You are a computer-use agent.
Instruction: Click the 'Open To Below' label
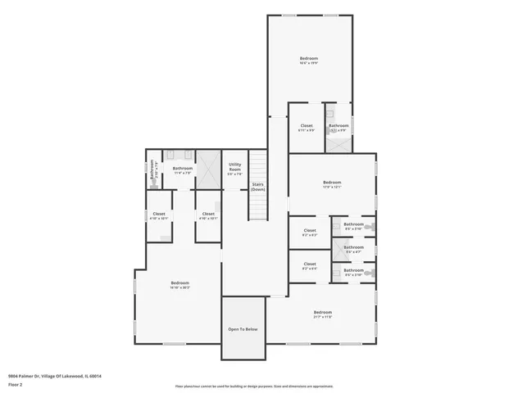243,329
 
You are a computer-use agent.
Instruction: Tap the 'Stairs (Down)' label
258,187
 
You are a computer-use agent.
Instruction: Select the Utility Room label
235,169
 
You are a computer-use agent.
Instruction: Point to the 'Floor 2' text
15,384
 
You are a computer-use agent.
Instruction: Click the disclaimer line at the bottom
253,386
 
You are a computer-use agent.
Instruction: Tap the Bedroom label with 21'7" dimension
323,314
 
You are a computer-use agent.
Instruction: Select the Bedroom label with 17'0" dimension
331,184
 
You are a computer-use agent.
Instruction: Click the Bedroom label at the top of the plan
308,61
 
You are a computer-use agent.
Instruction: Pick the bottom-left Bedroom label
180,284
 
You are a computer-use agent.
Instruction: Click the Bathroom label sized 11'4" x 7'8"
182,170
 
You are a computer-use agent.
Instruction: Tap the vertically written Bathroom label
152,178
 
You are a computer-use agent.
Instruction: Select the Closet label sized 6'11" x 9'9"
306,127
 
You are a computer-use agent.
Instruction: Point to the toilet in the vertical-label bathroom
152,165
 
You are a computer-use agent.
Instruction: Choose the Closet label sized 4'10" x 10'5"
159,216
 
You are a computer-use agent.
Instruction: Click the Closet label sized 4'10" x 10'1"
208,216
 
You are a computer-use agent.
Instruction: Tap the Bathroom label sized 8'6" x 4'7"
353,249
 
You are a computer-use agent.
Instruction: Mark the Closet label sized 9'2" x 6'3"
310,233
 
